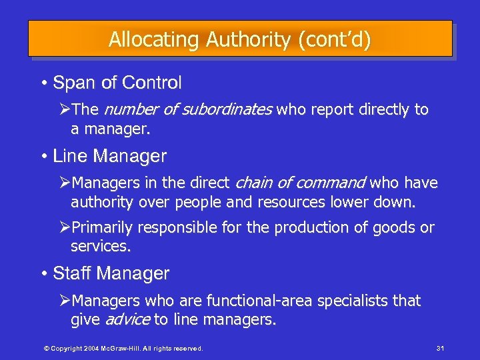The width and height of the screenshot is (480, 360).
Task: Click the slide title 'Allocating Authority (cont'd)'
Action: click(x=240, y=39)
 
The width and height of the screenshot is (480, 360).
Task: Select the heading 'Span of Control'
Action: click(x=117, y=83)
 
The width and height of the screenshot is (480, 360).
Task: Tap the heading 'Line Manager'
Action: click(x=109, y=157)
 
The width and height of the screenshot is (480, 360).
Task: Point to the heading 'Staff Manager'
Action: click(x=111, y=273)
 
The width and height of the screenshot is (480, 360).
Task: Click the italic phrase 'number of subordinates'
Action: click(x=188, y=109)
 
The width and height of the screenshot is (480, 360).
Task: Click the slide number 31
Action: click(x=439, y=348)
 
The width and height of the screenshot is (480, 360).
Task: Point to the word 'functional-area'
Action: click(x=253, y=301)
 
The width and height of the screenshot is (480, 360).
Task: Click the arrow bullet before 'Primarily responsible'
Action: click(x=64, y=228)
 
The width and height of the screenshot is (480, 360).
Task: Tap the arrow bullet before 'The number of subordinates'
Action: click(x=64, y=109)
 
